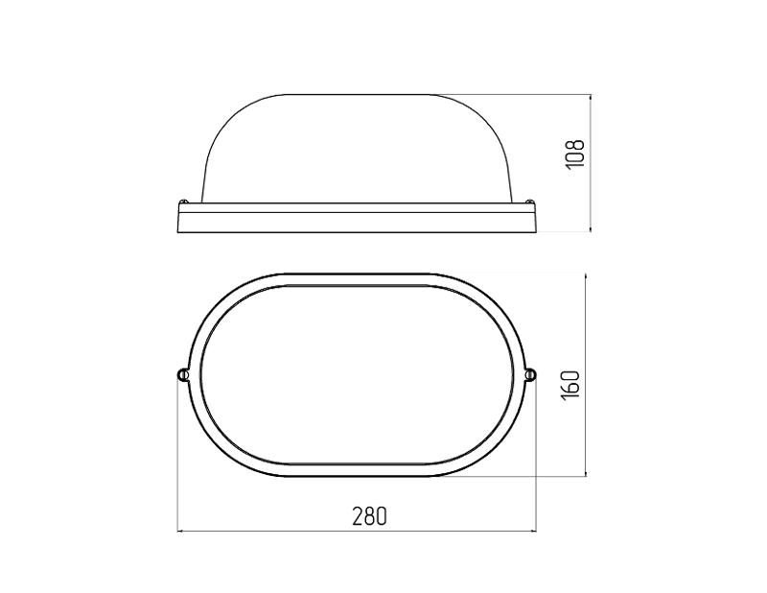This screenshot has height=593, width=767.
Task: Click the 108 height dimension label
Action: pos(575,154)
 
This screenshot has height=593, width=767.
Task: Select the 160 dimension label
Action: pos(570,384)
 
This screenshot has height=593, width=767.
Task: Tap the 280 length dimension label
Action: pos(370,515)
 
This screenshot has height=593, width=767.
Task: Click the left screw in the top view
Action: pos(182,374)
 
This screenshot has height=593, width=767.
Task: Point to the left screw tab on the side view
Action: pos(184,201)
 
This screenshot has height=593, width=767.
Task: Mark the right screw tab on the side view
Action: pos(529,201)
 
